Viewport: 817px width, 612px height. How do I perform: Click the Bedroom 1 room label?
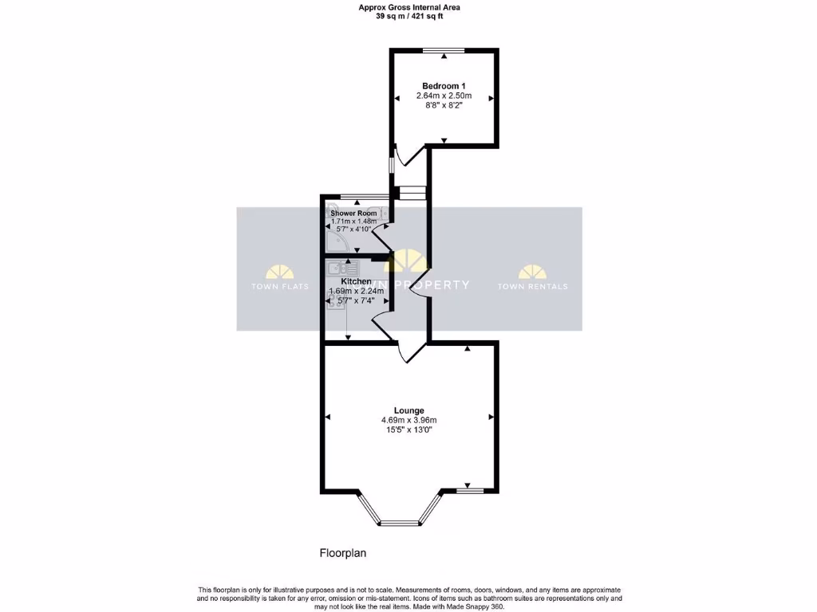pyautogui.click(x=444, y=85)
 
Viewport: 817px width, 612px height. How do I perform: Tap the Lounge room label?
pyautogui.click(x=408, y=410)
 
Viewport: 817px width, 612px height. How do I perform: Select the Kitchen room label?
pyautogui.click(x=356, y=281)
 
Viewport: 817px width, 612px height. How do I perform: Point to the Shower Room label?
pyautogui.click(x=353, y=213)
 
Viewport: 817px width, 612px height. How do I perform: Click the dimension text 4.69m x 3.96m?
pyautogui.click(x=408, y=420)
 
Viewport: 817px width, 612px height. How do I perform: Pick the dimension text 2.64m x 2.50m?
pyautogui.click(x=444, y=96)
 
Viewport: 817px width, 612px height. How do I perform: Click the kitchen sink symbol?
pyautogui.click(x=337, y=269)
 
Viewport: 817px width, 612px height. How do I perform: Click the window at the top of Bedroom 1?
pyautogui.click(x=444, y=51)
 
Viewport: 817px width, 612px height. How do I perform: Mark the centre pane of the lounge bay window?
pyautogui.click(x=399, y=524)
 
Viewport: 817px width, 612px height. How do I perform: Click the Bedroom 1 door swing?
pyautogui.click(x=405, y=157)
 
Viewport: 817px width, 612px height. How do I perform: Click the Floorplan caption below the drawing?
pyautogui.click(x=342, y=552)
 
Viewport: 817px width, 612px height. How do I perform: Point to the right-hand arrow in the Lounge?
pyautogui.click(x=491, y=417)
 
